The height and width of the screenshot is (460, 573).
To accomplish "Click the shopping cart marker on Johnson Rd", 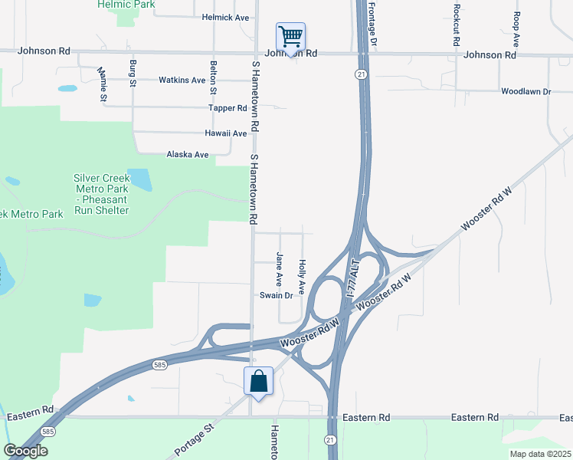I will pos(291,37).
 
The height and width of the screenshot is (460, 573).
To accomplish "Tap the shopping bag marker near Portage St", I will pos(259,380).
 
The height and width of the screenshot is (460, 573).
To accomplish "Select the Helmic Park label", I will pos(126,5).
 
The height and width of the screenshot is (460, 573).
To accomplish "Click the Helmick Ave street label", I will pos(226,17).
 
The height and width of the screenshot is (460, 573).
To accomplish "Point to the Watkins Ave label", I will pos(182,80).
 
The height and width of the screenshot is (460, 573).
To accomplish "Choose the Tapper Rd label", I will pos(230,108).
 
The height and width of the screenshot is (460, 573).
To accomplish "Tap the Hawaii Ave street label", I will pos(225,133).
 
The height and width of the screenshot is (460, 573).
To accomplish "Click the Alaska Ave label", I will pos(188,155).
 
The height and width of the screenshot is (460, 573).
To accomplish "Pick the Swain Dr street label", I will pos(277,295).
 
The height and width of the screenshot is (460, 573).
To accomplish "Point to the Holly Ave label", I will pos(303,276).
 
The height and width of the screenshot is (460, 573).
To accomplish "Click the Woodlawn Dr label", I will pos(526,91).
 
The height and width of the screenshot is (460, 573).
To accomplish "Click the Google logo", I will pos(25,451).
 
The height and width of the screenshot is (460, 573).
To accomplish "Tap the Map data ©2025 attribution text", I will pos(540,454).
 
